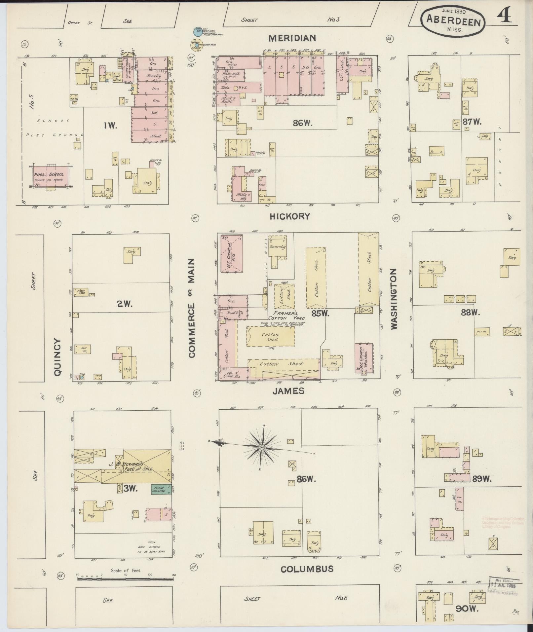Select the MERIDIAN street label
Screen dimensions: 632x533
pyautogui.click(x=292, y=38)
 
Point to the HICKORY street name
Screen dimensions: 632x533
pyautogui.click(x=290, y=216)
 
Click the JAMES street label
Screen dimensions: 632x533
pyautogui.click(x=288, y=391)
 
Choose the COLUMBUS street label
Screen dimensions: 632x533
pyautogui.click(x=307, y=569)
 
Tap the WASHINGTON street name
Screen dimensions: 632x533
pyautogui.click(x=394, y=299)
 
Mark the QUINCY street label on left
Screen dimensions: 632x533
pyautogui.click(x=57, y=357)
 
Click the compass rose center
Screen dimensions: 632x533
pyautogui.click(x=261, y=447)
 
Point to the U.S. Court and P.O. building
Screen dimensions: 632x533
pyautogui.click(x=232, y=253)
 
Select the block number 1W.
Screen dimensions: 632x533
pyautogui.click(x=110, y=126)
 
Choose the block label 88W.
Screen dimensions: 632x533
pyautogui.click(x=470, y=312)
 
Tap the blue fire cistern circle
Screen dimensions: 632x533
pyautogui.click(x=197, y=32)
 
